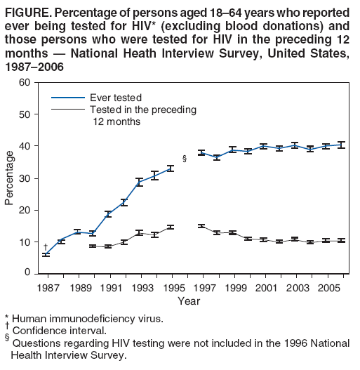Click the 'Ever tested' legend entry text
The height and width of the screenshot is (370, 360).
point(116,97)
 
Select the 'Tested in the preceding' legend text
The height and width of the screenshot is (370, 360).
point(143,110)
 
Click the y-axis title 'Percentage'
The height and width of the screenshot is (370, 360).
point(9,178)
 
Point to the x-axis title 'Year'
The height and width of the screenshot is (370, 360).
point(188,301)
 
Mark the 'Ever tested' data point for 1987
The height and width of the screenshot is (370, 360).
point(46,254)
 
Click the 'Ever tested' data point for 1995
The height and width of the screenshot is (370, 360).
point(170,169)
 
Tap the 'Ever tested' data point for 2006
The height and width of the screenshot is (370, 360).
point(341,145)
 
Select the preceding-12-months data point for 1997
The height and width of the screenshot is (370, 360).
point(201,226)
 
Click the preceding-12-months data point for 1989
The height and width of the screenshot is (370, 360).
point(93,246)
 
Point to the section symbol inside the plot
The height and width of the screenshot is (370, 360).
point(185,159)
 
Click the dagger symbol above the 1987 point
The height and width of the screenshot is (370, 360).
point(46,246)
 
